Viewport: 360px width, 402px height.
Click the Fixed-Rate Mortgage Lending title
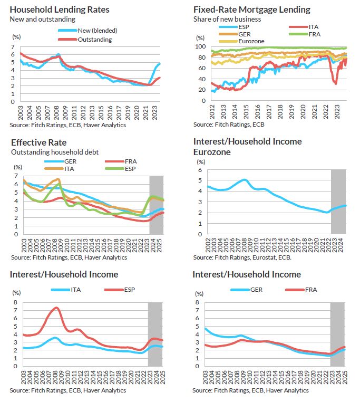(251, 9)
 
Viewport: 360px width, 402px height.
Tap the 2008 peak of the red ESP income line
(56, 308)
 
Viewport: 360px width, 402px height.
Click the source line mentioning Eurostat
(242, 257)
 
